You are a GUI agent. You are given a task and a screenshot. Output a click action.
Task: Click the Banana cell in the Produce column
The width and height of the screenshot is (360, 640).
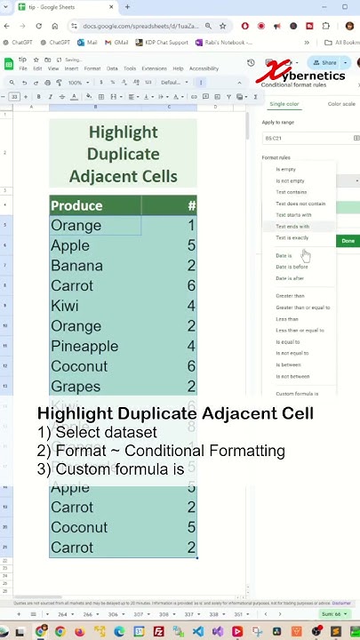click(x=76, y=266)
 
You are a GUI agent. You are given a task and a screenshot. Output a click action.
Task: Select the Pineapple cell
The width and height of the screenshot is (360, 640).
click(x=84, y=347)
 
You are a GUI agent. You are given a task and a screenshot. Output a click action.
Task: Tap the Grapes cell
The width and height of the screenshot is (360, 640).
click(x=76, y=387)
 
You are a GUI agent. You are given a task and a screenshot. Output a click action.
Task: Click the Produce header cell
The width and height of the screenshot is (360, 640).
click(x=76, y=206)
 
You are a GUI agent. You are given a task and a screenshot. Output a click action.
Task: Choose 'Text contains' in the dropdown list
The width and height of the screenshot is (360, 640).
click(x=291, y=192)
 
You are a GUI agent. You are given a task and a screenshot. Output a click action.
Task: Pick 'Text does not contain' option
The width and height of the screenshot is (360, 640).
click(x=300, y=204)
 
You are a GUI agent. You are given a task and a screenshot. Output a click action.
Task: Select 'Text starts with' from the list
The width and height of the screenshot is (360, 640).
click(x=293, y=215)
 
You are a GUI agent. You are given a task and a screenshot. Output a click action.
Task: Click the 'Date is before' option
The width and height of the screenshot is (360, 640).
click(x=292, y=267)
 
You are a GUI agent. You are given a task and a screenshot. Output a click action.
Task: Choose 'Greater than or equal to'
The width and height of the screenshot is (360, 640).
click(x=302, y=308)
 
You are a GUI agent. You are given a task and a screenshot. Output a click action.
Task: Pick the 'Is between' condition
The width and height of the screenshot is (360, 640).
click(x=288, y=364)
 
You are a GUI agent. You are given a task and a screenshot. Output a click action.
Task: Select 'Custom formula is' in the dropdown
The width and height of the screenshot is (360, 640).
click(x=297, y=393)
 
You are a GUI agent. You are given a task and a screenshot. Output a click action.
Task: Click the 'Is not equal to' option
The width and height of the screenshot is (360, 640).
click(x=292, y=353)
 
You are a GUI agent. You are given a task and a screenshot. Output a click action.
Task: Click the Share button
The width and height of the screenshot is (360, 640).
click(x=325, y=63)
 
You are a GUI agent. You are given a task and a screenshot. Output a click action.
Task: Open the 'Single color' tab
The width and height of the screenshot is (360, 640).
click(x=284, y=104)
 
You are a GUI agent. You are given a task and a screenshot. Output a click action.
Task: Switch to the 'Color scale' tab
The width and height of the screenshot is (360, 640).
click(x=341, y=104)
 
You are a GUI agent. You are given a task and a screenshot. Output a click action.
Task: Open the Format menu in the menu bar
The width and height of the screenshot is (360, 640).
click(x=93, y=68)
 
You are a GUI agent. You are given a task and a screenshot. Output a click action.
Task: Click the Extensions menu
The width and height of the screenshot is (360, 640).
click(x=154, y=68)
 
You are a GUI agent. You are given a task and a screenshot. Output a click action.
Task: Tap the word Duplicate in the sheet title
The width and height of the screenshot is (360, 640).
click(x=123, y=154)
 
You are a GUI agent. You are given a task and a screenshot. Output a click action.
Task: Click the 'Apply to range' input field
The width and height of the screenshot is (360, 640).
click(x=307, y=139)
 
